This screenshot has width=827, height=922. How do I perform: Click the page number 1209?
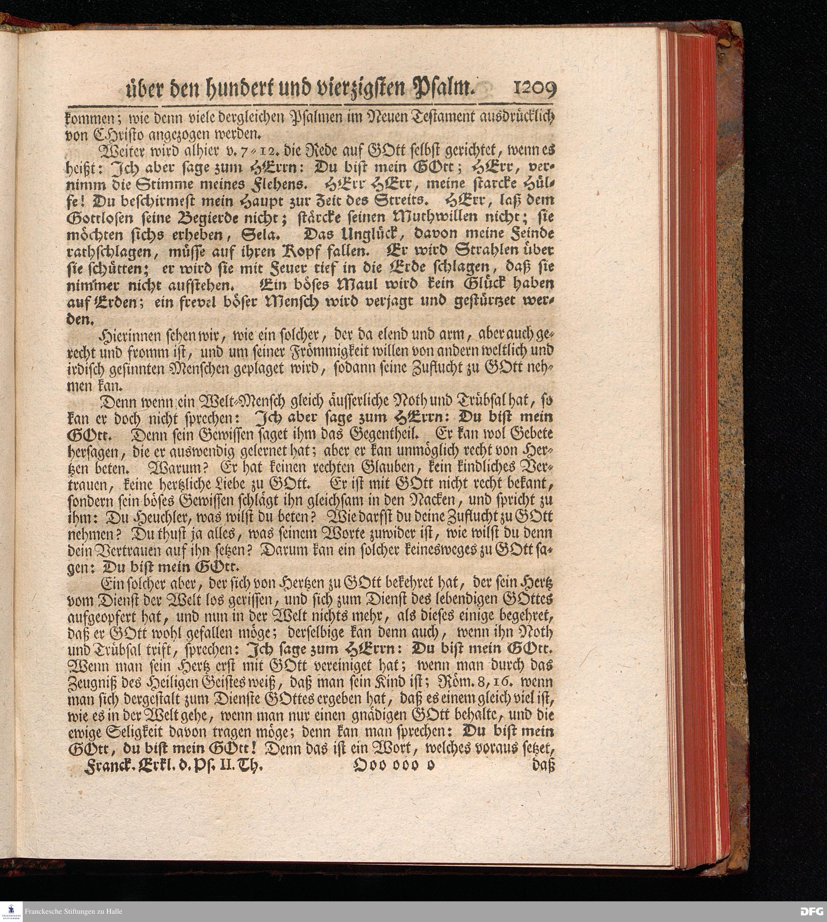tap(534, 89)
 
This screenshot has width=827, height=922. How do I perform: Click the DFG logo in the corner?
tap(811, 911)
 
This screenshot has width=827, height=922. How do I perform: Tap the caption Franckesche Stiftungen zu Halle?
tap(74, 911)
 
